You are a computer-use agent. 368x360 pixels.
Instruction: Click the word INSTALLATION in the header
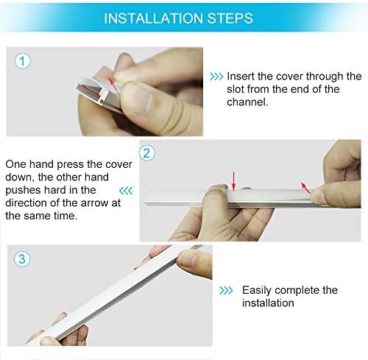click(x=154, y=18)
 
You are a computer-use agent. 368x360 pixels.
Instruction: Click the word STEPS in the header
click(x=230, y=18)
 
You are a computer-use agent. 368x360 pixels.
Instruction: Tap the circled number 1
click(x=23, y=61)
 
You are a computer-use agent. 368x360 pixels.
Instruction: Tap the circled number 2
click(x=147, y=153)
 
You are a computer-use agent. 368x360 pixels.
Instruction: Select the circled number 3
click(x=22, y=259)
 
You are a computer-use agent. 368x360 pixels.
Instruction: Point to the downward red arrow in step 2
click(x=233, y=181)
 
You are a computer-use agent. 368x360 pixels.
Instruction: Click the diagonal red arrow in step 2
click(x=305, y=188)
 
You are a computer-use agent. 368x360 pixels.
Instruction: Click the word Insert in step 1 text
click(x=241, y=77)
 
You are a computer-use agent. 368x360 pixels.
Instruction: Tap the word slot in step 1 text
click(x=236, y=89)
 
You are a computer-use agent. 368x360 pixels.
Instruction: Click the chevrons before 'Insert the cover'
click(x=216, y=77)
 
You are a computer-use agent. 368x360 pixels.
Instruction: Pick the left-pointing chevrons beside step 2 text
click(x=126, y=191)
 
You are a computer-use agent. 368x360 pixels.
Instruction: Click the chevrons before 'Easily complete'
click(x=226, y=291)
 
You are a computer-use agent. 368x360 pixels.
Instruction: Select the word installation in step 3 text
click(x=268, y=303)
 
